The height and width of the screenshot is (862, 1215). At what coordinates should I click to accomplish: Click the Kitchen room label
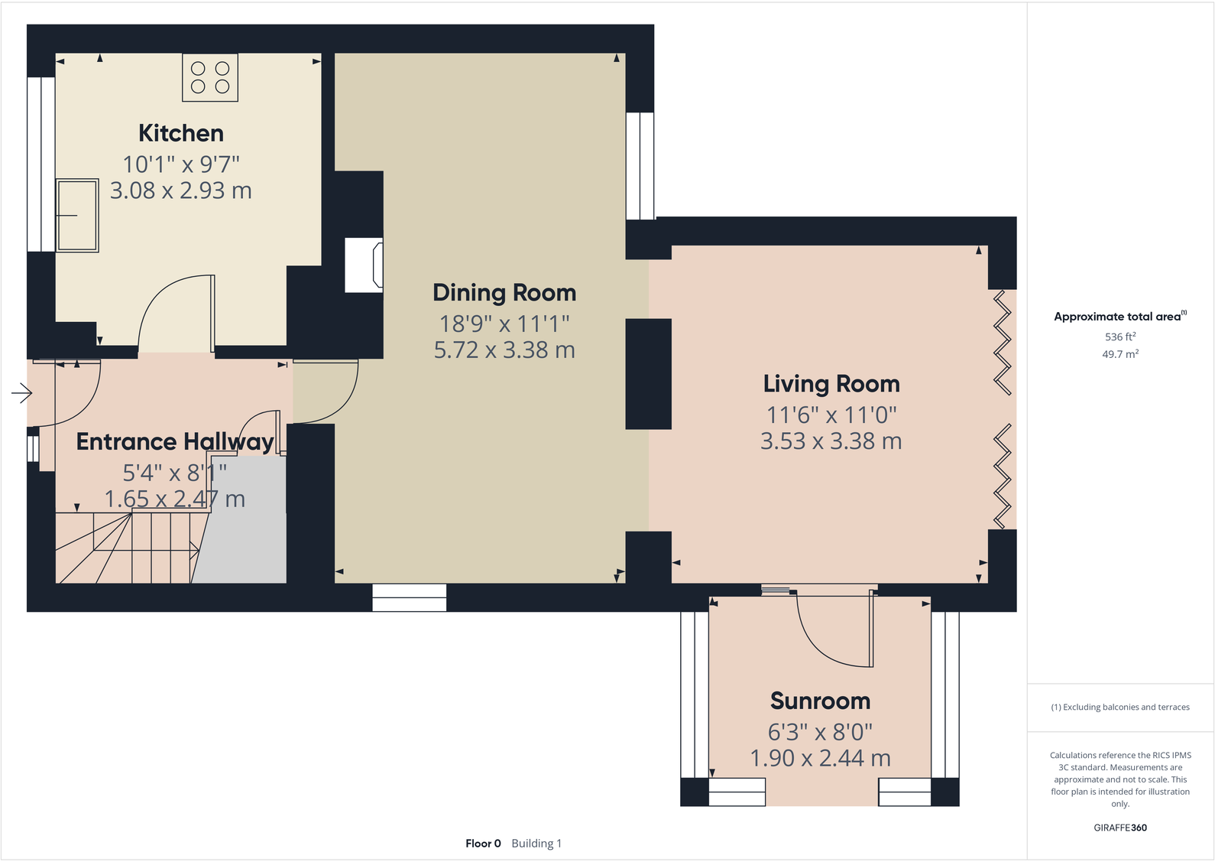(181, 133)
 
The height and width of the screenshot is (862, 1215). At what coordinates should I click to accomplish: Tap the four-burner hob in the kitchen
(210, 77)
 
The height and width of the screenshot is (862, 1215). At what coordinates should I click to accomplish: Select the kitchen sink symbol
(77, 216)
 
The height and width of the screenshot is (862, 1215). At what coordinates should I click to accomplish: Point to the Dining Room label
(504, 293)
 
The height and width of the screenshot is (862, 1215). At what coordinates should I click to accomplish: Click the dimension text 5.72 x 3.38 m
(504, 350)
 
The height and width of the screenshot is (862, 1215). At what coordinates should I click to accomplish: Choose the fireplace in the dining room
(364, 265)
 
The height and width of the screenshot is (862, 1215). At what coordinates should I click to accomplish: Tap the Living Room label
(831, 384)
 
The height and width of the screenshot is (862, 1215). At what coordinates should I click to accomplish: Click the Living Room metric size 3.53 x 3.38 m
(831, 441)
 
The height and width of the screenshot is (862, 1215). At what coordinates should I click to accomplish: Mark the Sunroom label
(820, 701)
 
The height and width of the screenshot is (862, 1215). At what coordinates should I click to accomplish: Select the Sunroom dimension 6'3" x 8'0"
(820, 732)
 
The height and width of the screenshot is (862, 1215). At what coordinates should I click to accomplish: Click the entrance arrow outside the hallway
(21, 394)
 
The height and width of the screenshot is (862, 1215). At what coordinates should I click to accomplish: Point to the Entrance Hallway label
(175, 442)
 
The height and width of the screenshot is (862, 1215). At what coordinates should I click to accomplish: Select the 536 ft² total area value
(1120, 337)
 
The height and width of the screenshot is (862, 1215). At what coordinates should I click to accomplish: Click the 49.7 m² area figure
(1120, 354)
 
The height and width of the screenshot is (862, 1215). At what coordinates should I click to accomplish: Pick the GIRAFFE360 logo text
(1120, 828)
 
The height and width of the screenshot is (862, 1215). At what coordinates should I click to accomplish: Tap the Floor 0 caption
(483, 844)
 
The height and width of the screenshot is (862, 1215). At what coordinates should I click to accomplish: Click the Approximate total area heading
(1117, 317)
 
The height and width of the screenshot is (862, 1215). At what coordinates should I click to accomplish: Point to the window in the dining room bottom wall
(410, 598)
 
